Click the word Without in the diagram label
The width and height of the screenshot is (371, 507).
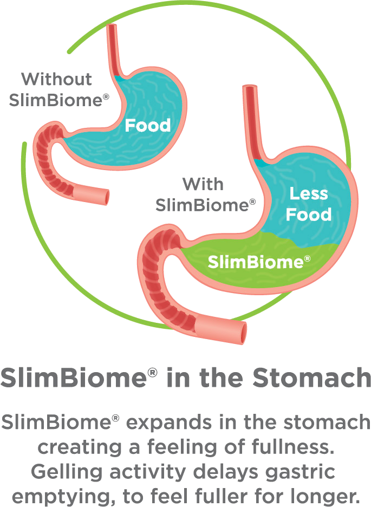click(x=56, y=79)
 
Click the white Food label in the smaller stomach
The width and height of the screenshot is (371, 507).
click(x=148, y=125)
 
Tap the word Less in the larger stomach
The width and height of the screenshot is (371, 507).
click(x=309, y=194)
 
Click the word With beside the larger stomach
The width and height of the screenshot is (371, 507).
click(x=203, y=184)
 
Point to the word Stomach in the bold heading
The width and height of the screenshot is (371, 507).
click(x=311, y=378)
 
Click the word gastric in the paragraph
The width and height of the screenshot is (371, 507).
click(x=300, y=472)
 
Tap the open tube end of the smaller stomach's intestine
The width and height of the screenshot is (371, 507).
click(x=106, y=197)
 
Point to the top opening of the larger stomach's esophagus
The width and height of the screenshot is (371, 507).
click(x=250, y=87)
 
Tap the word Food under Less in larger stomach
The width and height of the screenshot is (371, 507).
click(x=309, y=214)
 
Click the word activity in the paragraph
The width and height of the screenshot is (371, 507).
click(x=147, y=472)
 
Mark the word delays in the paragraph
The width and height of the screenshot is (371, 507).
click(x=225, y=472)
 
